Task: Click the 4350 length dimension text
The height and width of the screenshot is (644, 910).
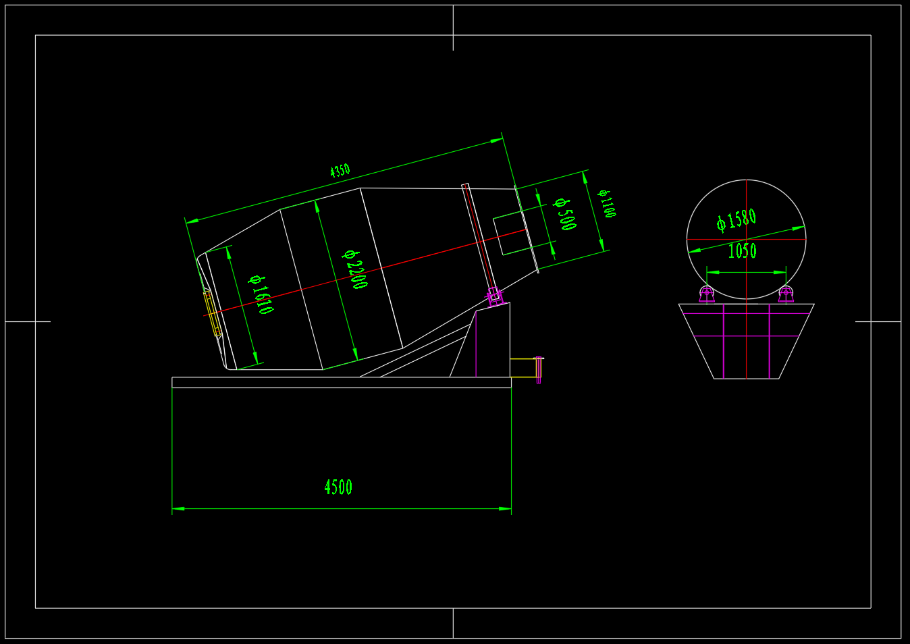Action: tap(340, 170)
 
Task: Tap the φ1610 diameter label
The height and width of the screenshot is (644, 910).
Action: tap(261, 295)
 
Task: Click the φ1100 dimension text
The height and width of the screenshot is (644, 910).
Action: tap(607, 203)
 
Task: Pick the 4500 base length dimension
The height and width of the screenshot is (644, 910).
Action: tap(338, 487)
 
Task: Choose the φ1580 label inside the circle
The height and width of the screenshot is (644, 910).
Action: tap(737, 219)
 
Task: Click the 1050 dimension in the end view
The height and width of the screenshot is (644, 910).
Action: tap(742, 251)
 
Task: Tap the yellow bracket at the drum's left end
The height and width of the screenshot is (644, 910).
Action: tap(212, 313)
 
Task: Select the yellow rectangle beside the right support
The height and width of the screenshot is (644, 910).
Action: tap(523, 368)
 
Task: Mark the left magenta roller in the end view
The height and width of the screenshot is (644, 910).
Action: tap(707, 294)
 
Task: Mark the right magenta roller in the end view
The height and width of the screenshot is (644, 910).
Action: tap(786, 294)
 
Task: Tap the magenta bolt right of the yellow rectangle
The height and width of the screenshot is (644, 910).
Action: tap(539, 369)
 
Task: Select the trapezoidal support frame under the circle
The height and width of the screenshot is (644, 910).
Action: tap(746, 358)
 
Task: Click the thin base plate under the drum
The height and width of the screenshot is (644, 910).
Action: tap(341, 382)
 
